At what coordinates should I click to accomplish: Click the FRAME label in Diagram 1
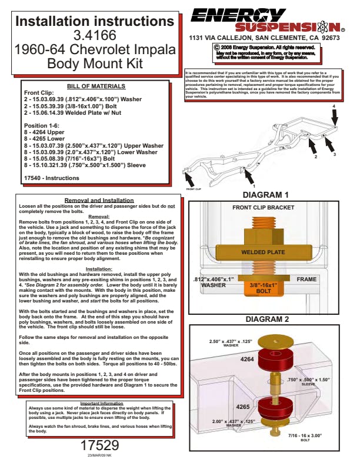point(306,279)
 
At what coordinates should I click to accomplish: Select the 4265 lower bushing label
point(243,407)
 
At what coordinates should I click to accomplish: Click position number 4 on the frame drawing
point(334,106)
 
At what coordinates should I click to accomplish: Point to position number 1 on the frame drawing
point(254,185)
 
